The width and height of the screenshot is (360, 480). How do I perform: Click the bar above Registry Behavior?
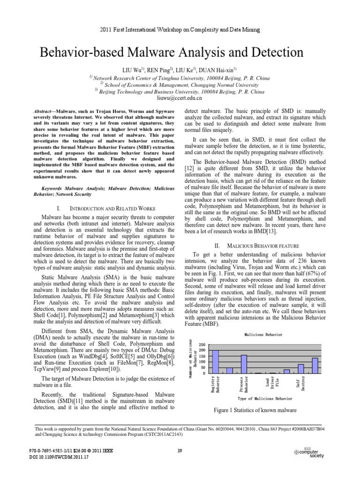[216, 361]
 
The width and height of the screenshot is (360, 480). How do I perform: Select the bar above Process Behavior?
[244, 364]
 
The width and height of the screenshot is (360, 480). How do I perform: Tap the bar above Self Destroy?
[300, 369]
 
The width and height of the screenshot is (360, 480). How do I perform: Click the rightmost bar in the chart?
[315, 366]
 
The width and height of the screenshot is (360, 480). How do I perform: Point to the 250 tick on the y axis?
[202, 345]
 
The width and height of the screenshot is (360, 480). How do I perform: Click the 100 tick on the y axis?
[202, 362]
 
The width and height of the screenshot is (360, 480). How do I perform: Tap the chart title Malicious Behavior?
[263, 335]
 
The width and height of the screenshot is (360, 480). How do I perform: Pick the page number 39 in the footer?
[180, 451]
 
